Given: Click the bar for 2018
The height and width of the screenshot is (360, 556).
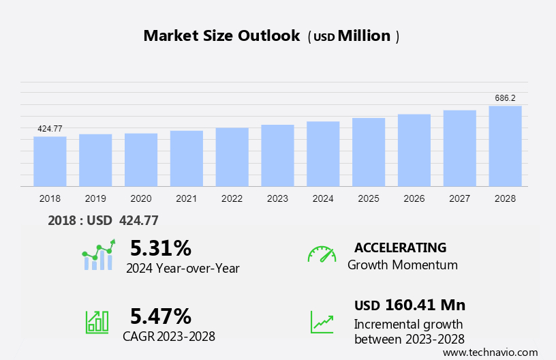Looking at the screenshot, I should [50, 162].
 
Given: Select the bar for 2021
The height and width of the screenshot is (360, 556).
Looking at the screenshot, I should [186, 158].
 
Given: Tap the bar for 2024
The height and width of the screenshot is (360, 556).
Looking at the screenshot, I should [323, 154].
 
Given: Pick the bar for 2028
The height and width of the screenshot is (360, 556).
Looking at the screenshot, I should [505, 146].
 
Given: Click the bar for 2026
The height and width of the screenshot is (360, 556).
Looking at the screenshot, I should [414, 150].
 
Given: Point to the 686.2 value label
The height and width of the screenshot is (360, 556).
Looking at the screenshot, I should [505, 98].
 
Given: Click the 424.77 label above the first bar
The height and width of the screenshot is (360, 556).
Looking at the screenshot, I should [50, 129].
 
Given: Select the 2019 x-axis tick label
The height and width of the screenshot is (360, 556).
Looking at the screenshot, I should [95, 198].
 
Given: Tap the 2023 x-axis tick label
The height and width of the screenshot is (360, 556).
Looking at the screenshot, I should [277, 198].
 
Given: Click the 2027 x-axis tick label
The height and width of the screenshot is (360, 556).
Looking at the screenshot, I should [459, 198].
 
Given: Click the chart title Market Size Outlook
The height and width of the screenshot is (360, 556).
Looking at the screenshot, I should [221, 36].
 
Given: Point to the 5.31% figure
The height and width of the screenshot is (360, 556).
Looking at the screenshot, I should [161, 247].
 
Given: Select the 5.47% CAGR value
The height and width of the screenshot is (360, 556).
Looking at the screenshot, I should [161, 316].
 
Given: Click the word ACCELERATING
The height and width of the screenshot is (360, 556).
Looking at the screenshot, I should [400, 247].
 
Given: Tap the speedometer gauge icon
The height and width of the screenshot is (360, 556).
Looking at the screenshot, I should [322, 254].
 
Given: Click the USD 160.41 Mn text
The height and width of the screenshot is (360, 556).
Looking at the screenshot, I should [410, 305].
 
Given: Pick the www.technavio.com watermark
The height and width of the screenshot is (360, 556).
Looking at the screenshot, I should [490, 352].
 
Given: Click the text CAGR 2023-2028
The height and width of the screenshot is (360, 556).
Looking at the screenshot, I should [169, 336].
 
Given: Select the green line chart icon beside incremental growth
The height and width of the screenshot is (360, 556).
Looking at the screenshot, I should [322, 322].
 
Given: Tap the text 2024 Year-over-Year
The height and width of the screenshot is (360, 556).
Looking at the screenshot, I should [183, 268].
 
